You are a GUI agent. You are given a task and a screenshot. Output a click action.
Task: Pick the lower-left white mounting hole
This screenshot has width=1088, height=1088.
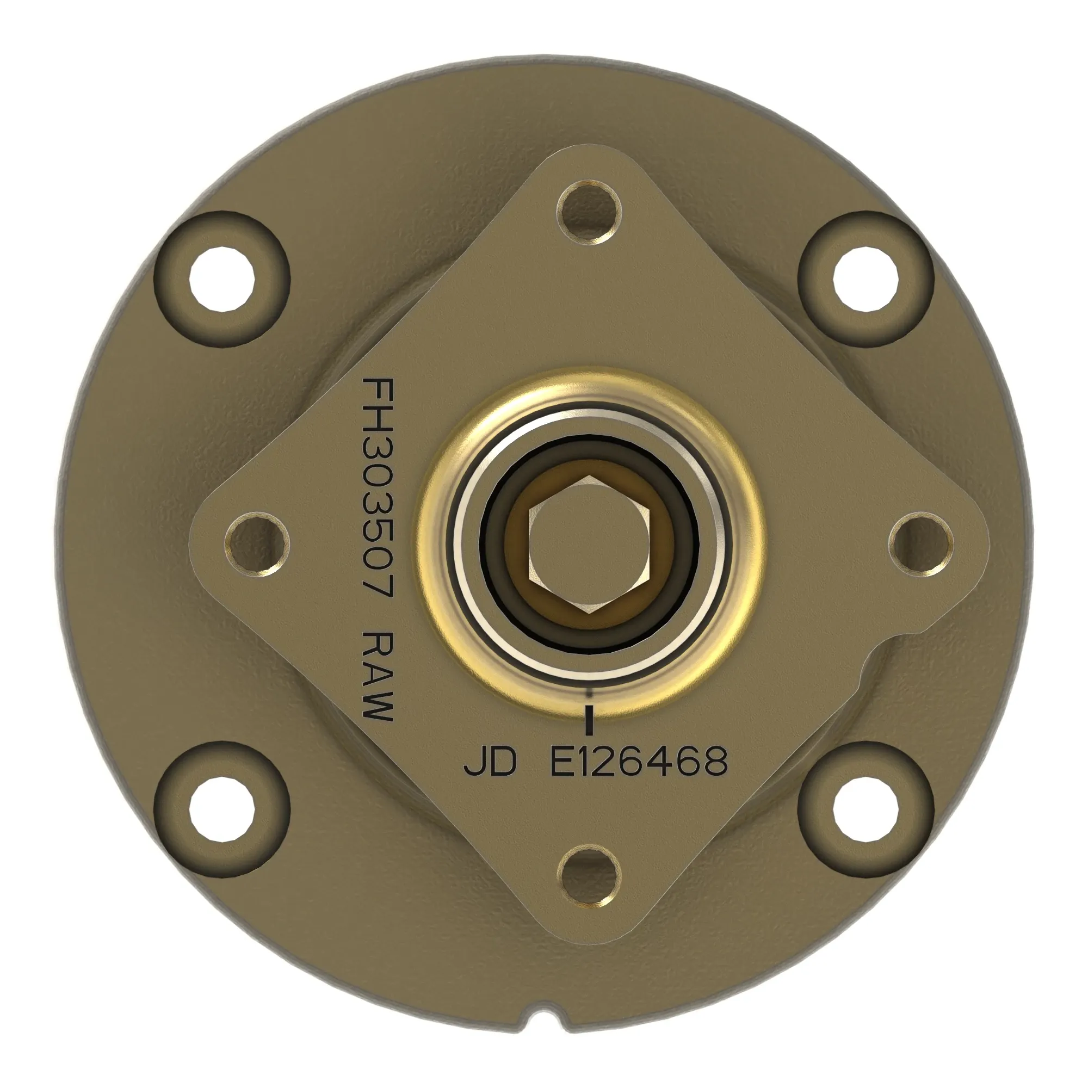coord(220,809)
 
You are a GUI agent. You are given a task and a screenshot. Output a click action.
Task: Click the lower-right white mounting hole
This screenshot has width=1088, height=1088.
coord(866,809)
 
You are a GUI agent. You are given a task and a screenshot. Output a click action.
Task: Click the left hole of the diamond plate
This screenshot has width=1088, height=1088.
coord(257,544)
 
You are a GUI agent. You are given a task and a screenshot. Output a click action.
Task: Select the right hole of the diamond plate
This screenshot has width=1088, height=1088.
coord(921,544)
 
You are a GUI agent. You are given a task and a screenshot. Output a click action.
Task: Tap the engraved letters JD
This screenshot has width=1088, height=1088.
coord(490,762)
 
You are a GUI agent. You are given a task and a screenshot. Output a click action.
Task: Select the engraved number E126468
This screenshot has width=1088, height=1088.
coord(639,762)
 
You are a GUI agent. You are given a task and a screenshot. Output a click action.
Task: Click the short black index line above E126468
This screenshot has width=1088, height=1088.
coord(589,720)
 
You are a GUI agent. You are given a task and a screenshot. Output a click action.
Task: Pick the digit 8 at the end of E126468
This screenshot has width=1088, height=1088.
coord(713,762)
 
